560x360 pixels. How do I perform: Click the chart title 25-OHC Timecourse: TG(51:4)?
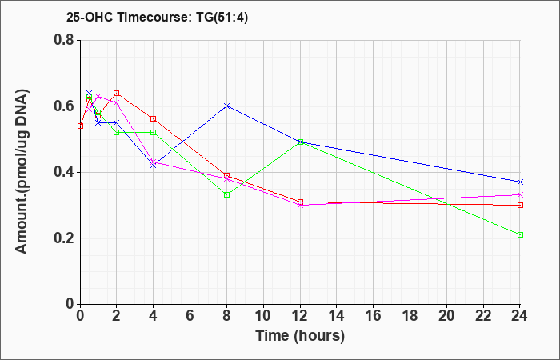click(x=157, y=18)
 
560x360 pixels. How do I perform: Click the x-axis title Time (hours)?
click(x=300, y=336)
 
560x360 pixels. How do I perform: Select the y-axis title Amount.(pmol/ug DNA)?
click(x=22, y=172)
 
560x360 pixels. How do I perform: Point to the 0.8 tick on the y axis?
click(x=65, y=40)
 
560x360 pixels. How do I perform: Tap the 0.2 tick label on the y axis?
click(x=65, y=238)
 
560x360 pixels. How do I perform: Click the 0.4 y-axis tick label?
click(x=65, y=172)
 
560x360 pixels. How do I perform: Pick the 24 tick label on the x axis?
click(x=520, y=316)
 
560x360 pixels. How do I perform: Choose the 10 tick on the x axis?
click(x=263, y=316)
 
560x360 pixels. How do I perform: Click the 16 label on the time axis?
click(x=374, y=316)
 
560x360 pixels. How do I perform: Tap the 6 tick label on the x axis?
click(x=190, y=316)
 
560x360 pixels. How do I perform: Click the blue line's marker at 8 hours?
click(x=226, y=106)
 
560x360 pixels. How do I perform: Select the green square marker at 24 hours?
click(x=520, y=234)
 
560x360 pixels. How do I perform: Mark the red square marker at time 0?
click(x=80, y=126)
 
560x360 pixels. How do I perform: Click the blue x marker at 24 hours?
click(x=520, y=182)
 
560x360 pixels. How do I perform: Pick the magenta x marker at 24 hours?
click(x=520, y=194)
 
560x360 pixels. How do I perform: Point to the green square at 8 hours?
click(x=226, y=194)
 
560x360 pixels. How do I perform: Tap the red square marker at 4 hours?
click(x=154, y=118)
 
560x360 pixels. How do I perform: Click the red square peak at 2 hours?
click(x=117, y=94)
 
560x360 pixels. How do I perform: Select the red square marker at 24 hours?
click(x=520, y=205)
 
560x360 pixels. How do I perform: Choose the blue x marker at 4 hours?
click(x=154, y=166)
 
